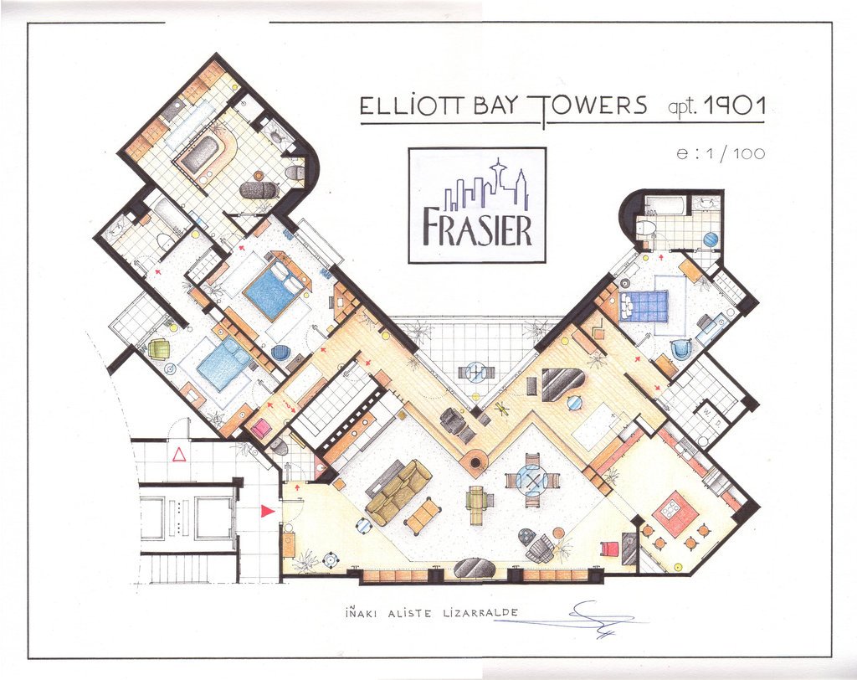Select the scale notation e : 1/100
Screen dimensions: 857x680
(x=721, y=154)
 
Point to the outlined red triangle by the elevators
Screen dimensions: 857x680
(x=179, y=454)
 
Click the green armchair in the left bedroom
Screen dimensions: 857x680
(x=159, y=348)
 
